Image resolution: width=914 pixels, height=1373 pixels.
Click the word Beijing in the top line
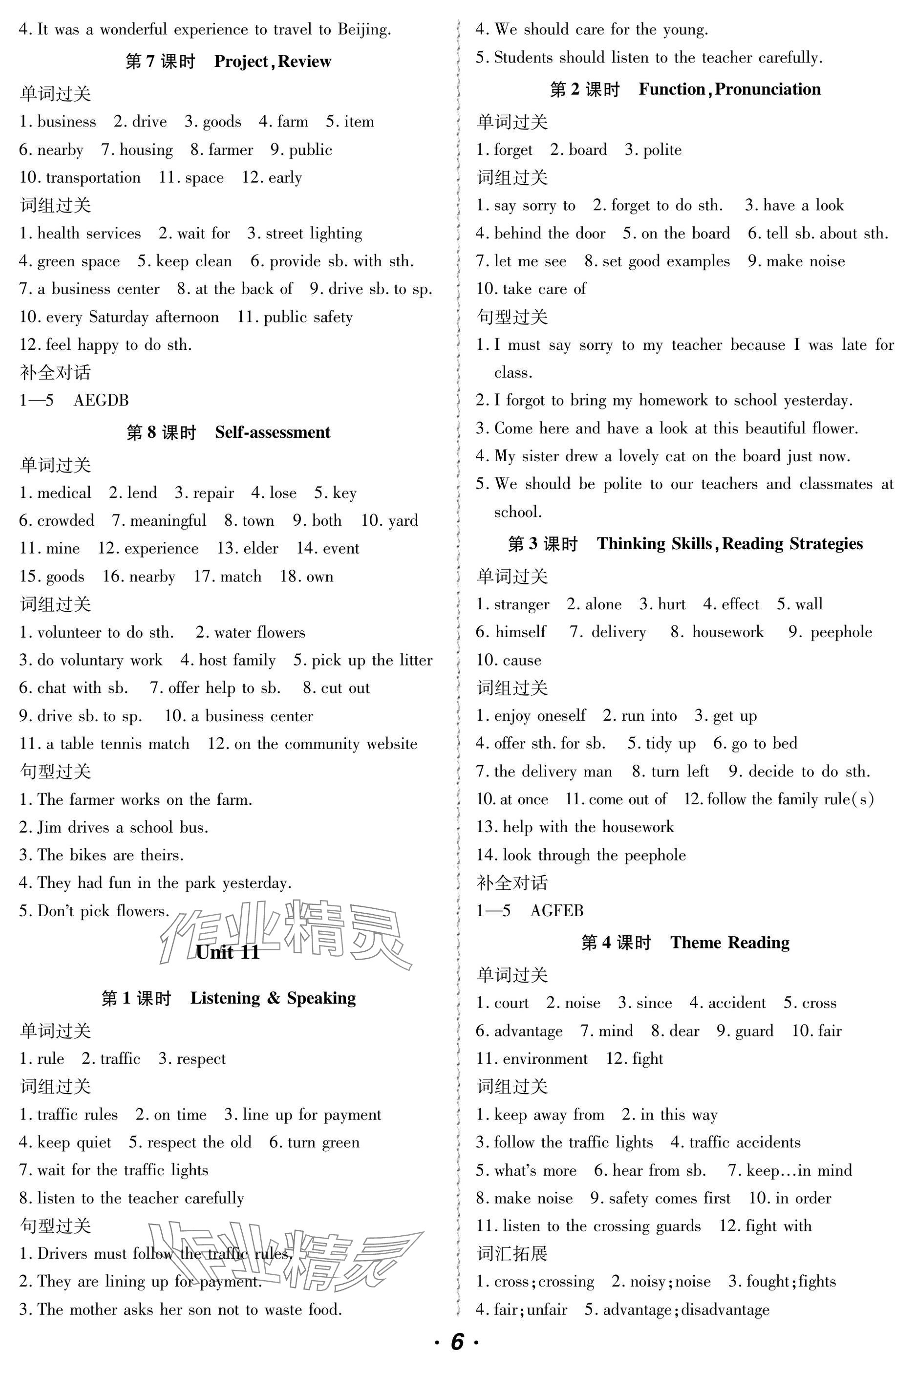click(364, 30)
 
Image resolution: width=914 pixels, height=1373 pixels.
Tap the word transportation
click(93, 178)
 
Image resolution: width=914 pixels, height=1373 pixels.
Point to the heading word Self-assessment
click(272, 432)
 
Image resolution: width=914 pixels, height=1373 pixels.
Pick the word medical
click(64, 493)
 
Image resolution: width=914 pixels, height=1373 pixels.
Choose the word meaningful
click(168, 521)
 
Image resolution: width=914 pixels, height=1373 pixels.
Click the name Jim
click(49, 827)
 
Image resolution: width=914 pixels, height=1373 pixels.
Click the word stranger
click(521, 604)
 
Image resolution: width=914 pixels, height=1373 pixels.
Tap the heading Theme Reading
click(730, 943)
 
